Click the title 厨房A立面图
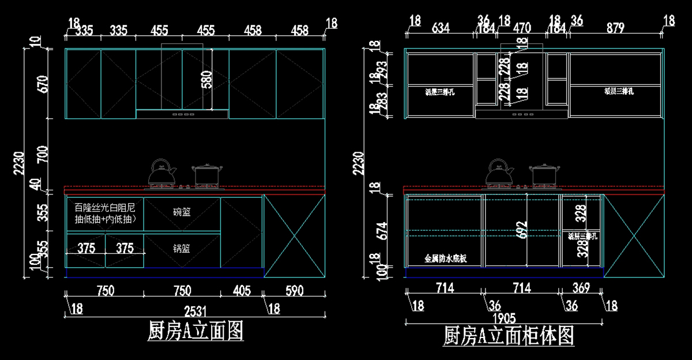[195, 331]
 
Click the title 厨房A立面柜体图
[509, 335]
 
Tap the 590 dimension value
[294, 290]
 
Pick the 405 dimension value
[242, 290]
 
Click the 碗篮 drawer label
[182, 212]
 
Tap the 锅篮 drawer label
[182, 249]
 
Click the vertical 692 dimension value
[521, 229]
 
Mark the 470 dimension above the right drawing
[522, 28]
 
